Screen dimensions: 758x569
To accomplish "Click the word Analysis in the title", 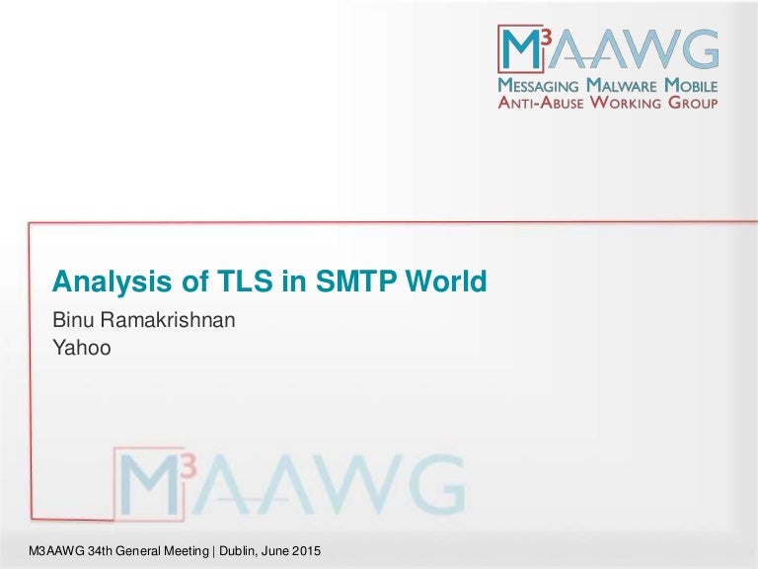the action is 112,282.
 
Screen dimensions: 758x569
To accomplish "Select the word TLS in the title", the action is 245,281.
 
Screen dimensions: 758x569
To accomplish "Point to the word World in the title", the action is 446,281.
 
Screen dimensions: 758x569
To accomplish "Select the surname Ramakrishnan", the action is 168,320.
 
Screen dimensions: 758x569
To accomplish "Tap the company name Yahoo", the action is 82,348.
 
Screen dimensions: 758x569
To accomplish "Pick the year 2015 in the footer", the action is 306,550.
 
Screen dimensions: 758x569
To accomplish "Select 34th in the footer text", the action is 100,550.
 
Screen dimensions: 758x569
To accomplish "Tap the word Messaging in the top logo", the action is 538,86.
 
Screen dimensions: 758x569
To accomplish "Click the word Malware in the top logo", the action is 622,86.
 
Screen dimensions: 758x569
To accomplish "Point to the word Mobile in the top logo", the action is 691,86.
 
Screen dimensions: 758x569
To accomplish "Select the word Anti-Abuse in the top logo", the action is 541,103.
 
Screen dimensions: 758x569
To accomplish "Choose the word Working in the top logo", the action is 626,103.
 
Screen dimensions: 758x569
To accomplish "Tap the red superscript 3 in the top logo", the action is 545,37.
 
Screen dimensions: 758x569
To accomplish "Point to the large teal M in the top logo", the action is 521,48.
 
